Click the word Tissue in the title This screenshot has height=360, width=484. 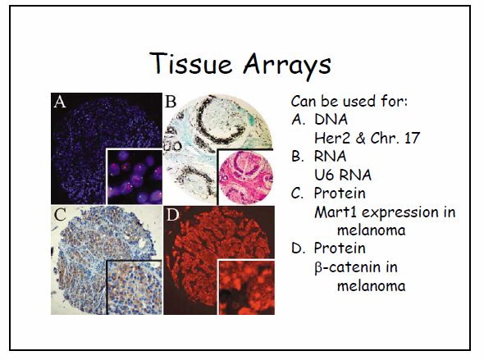[190, 63]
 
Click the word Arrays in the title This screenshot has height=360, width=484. [287, 65]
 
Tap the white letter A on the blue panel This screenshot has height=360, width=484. [60, 102]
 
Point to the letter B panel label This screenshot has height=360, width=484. [171, 102]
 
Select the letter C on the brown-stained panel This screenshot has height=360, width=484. [60, 214]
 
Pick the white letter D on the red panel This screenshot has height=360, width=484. [172, 214]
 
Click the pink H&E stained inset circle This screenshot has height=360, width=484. [246, 177]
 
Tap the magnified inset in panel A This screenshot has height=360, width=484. [135, 176]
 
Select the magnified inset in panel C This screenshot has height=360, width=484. [135, 288]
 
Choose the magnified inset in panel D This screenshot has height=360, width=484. [246, 288]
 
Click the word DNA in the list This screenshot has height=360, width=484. [331, 119]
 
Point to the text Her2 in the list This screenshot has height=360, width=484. [332, 138]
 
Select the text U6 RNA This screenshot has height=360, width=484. [343, 175]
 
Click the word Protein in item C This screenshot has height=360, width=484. [340, 193]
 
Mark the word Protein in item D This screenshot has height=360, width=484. [340, 248]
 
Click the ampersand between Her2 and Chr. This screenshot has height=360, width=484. [360, 138]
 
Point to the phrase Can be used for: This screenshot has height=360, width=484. [349, 101]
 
